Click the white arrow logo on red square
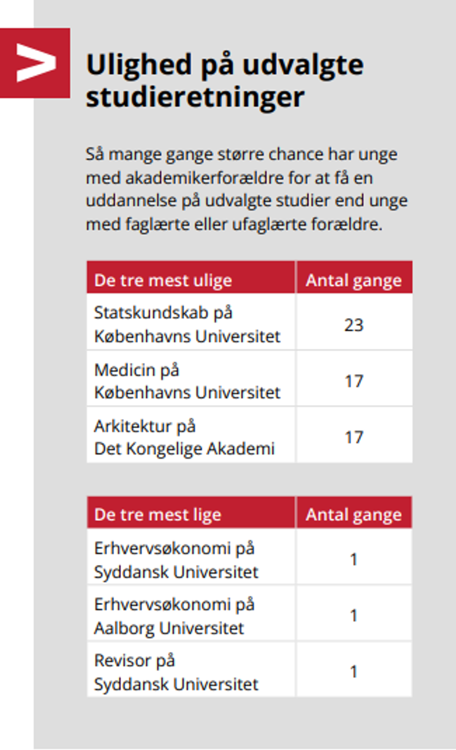35,63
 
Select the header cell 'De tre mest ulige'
163,280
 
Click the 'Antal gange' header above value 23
354,280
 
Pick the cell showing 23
354,324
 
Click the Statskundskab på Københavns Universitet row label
187,324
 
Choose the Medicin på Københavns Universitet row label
187,381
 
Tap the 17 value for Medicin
354,381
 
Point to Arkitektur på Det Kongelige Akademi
184,437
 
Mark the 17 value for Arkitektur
354,437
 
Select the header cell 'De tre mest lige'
157,514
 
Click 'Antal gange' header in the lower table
354,514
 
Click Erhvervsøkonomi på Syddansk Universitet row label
176,560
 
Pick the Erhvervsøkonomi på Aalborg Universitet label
174,616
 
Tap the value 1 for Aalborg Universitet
354,616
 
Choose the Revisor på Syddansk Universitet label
176,672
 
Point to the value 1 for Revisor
354,671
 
